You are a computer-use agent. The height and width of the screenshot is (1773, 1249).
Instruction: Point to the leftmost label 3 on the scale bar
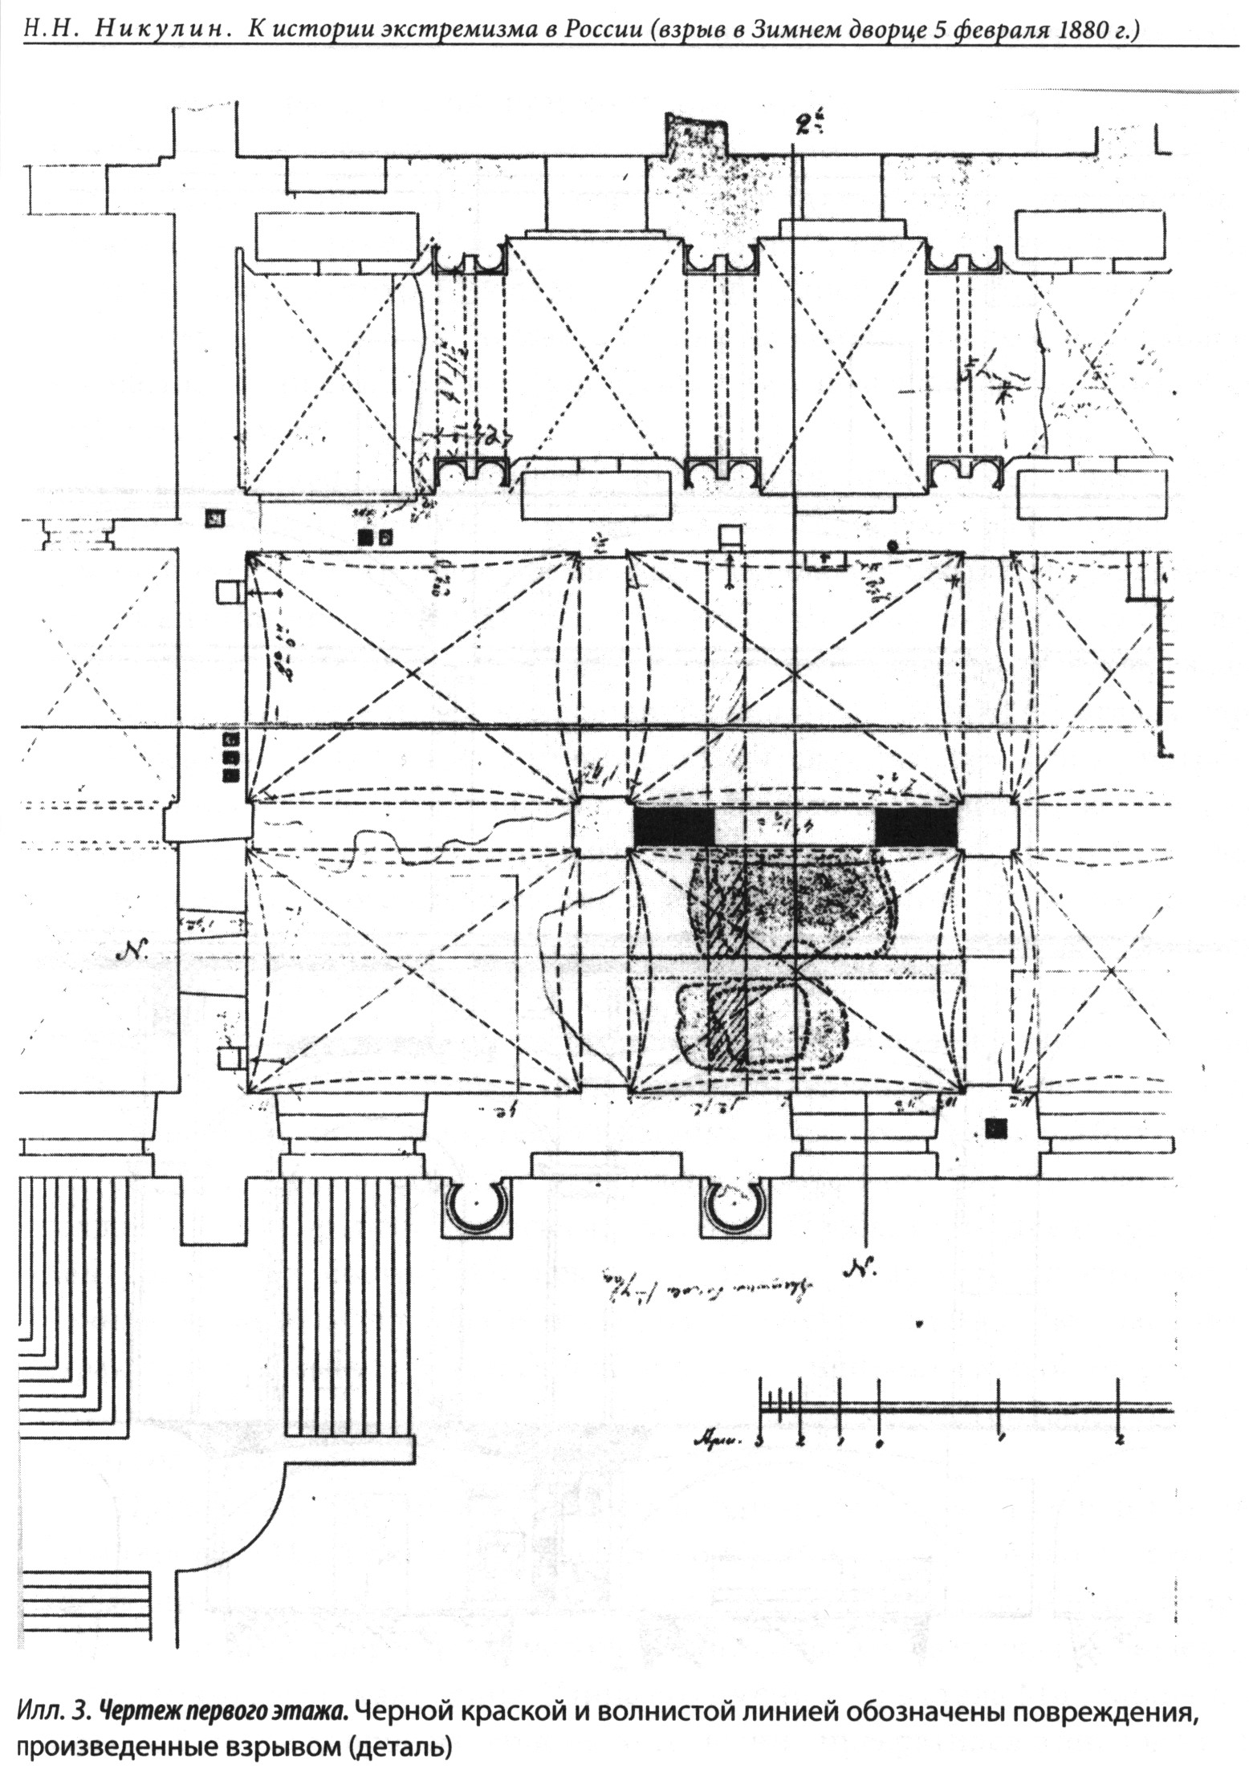(759, 1442)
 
